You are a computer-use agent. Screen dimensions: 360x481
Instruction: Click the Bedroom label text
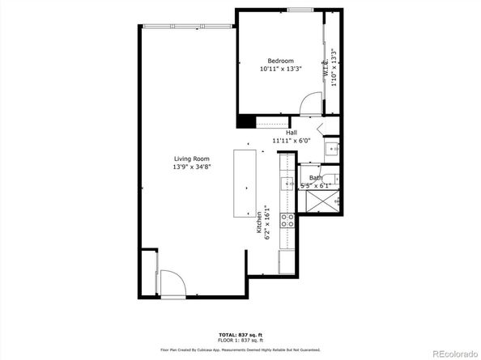point(280,61)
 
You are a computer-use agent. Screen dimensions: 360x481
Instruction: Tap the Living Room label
point(191,159)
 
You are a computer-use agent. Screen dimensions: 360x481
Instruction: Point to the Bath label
point(315,177)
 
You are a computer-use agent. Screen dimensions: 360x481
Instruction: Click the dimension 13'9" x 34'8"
point(191,167)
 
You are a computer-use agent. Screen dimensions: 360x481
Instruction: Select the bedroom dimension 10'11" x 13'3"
point(280,70)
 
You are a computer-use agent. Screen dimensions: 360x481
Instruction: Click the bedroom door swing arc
point(308,104)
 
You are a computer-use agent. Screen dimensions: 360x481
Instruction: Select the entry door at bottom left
point(170,283)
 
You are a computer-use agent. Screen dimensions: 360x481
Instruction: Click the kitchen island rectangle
point(245,183)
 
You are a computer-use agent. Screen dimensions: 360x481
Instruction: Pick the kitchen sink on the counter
point(287,184)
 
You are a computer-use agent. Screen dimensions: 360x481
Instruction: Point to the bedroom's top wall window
point(299,10)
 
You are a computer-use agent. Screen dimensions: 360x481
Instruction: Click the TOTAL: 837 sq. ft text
point(240,333)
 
